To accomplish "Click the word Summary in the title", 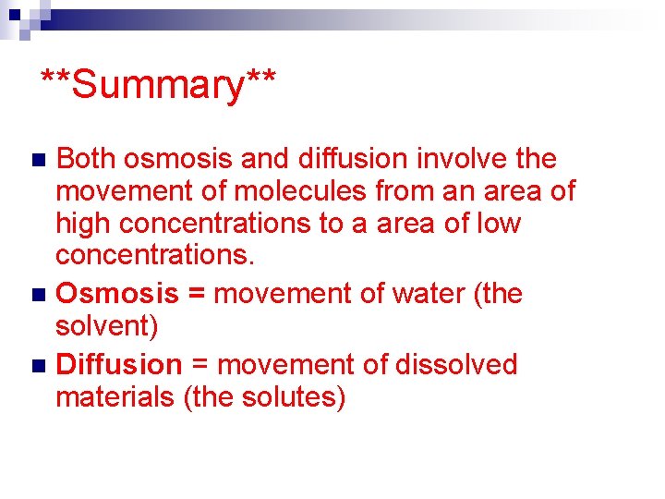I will point(159,85).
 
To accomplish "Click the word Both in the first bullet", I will point(87,160).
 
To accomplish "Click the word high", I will point(80,225).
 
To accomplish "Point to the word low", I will point(500,225).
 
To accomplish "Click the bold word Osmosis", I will point(117,294).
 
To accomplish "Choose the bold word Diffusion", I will point(119,365).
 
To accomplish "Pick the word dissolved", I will point(456,365).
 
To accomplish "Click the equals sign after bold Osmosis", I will point(197,295).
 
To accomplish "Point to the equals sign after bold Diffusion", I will point(200,366).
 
